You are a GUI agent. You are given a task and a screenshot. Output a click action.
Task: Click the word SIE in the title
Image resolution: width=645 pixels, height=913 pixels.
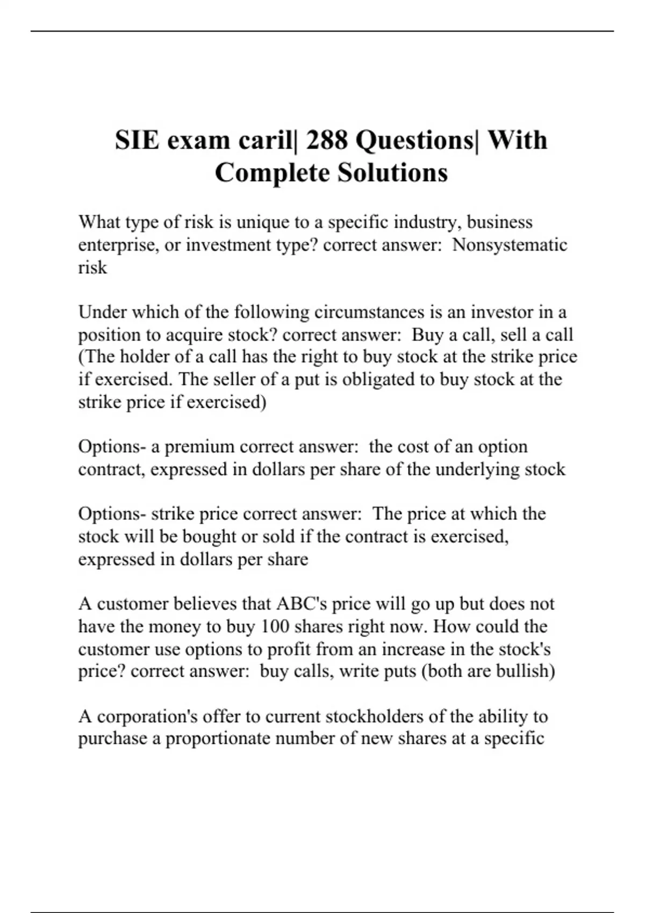(x=137, y=140)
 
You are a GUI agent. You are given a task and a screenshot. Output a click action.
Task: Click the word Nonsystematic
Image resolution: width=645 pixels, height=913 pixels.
(x=510, y=245)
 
